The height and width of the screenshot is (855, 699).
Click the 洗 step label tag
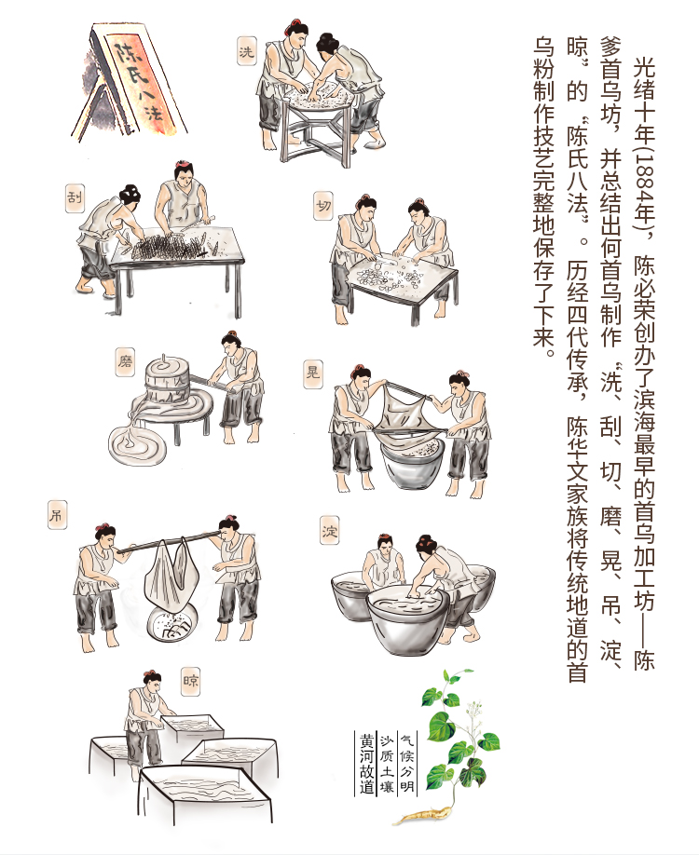[x=247, y=51]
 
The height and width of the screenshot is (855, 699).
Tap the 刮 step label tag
[x=75, y=197]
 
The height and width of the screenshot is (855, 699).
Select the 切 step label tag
[x=323, y=205]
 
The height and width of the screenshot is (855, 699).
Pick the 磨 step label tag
[x=125, y=362]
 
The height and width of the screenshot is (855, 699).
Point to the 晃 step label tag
[x=312, y=374]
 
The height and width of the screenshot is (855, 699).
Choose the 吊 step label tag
[x=57, y=515]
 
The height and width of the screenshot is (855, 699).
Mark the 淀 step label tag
[x=329, y=531]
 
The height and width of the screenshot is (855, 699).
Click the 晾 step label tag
[x=191, y=681]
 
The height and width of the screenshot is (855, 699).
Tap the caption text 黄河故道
[x=366, y=764]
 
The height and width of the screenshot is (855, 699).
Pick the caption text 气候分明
[x=407, y=764]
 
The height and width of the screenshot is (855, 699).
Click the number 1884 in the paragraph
[x=644, y=181]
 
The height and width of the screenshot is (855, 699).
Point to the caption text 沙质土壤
[x=387, y=764]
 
